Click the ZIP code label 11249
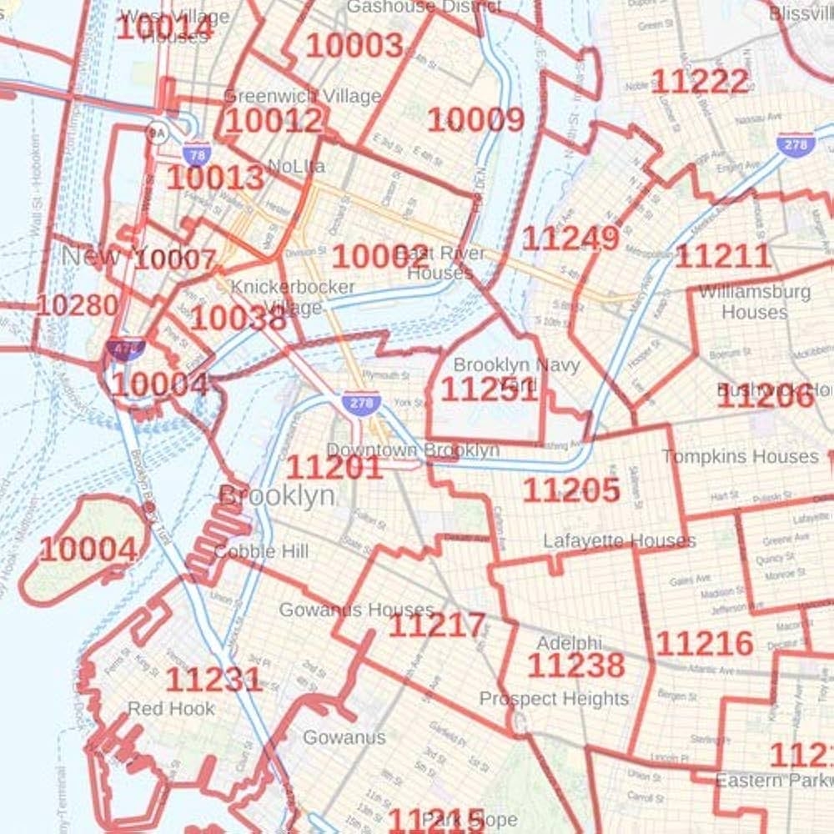tap(570, 239)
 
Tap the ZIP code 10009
tap(476, 120)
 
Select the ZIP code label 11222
tap(700, 82)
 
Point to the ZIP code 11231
tap(214, 680)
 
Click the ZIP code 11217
tap(436, 625)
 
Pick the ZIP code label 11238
tap(575, 666)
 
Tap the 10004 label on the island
tap(88, 550)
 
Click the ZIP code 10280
tap(77, 305)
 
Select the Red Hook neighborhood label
tap(171, 709)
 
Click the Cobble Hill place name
tap(261, 551)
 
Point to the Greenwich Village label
tap(302, 96)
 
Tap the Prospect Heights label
tap(554, 699)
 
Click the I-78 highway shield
tap(197, 154)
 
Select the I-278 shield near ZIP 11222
tap(795, 143)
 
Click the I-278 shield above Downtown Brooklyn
tap(361, 404)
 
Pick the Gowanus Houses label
tap(356, 610)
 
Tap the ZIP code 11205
tap(571, 490)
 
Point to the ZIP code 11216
tap(705, 644)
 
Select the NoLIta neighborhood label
tap(297, 166)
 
